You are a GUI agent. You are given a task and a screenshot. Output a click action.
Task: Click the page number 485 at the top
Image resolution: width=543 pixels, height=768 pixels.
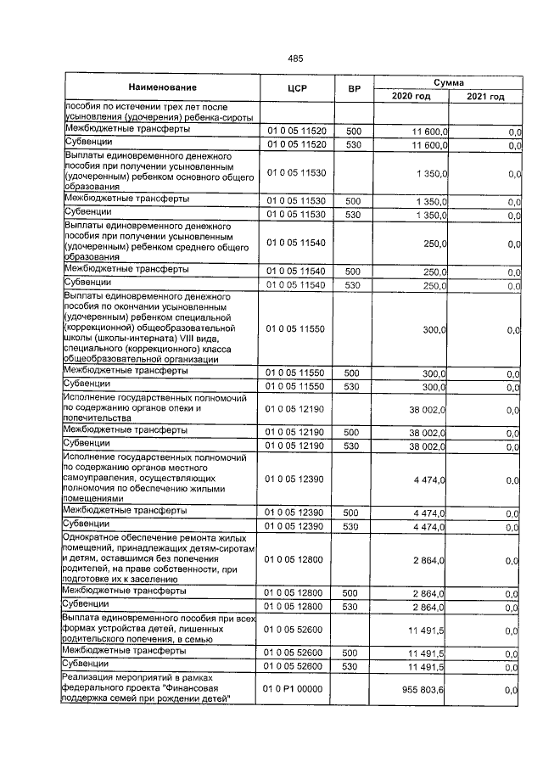click(x=295, y=58)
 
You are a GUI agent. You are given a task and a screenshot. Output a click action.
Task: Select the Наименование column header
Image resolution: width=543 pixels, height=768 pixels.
click(x=163, y=88)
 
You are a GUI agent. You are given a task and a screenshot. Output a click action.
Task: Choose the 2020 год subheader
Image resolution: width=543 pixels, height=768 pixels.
click(x=411, y=97)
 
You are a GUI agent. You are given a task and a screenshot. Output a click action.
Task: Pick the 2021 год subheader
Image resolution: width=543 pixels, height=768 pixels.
click(x=485, y=97)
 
